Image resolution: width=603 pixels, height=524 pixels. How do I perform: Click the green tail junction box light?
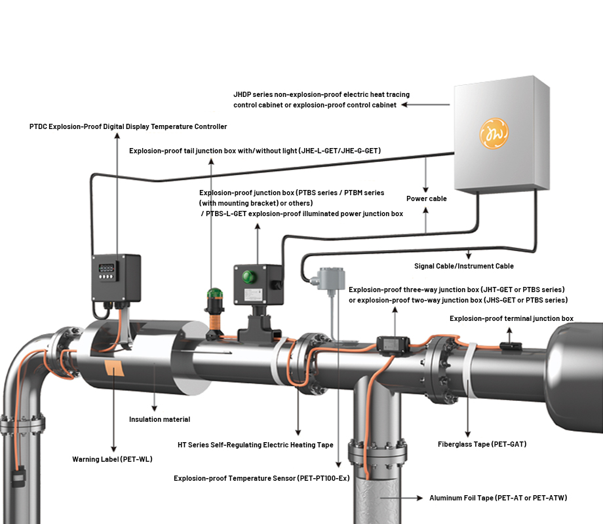[215, 297]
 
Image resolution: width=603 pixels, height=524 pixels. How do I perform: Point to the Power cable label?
[426, 198]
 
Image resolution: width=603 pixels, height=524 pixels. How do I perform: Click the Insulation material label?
[159, 419]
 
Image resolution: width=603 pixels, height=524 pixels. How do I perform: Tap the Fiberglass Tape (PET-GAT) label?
[482, 444]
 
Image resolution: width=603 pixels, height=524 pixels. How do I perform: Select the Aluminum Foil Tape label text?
[497, 498]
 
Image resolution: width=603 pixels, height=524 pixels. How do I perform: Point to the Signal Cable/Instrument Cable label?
[464, 266]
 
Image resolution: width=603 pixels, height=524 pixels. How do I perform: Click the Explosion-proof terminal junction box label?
[511, 318]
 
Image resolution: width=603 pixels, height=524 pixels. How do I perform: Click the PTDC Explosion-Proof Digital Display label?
[128, 126]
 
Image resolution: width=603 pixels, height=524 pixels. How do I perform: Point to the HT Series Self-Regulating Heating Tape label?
[256, 445]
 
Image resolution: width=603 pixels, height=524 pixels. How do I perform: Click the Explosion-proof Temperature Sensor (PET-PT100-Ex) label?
[262, 478]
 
